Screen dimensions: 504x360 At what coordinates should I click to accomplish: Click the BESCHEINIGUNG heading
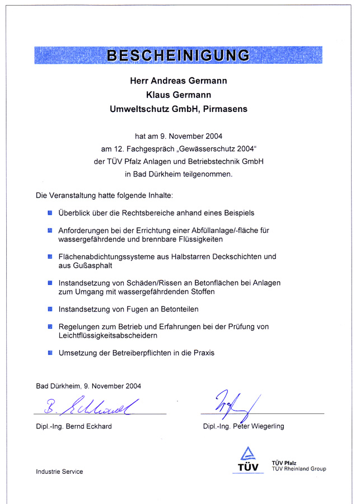tap(179, 55)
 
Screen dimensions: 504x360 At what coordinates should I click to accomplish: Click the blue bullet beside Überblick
tap(50, 213)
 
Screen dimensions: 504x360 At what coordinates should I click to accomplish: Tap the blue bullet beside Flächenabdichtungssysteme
tap(50, 256)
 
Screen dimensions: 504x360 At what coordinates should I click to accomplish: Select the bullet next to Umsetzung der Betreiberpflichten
tap(50, 353)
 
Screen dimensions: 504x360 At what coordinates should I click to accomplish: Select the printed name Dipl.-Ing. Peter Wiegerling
tap(244, 427)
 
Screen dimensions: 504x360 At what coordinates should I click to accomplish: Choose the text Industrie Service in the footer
tap(59, 472)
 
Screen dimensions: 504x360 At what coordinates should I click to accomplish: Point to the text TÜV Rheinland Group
tap(298, 469)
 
